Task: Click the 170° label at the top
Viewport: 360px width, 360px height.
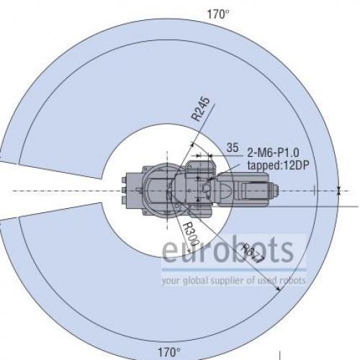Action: pyautogui.click(x=218, y=14)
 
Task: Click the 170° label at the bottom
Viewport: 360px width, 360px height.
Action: pyautogui.click(x=169, y=353)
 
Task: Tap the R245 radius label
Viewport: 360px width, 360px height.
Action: pyautogui.click(x=201, y=109)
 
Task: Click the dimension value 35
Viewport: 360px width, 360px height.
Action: pyautogui.click(x=233, y=148)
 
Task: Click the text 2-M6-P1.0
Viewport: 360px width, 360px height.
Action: pyautogui.click(x=274, y=153)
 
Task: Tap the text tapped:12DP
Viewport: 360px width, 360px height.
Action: pyautogui.click(x=278, y=165)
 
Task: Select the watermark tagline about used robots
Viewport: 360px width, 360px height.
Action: pyautogui.click(x=234, y=280)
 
